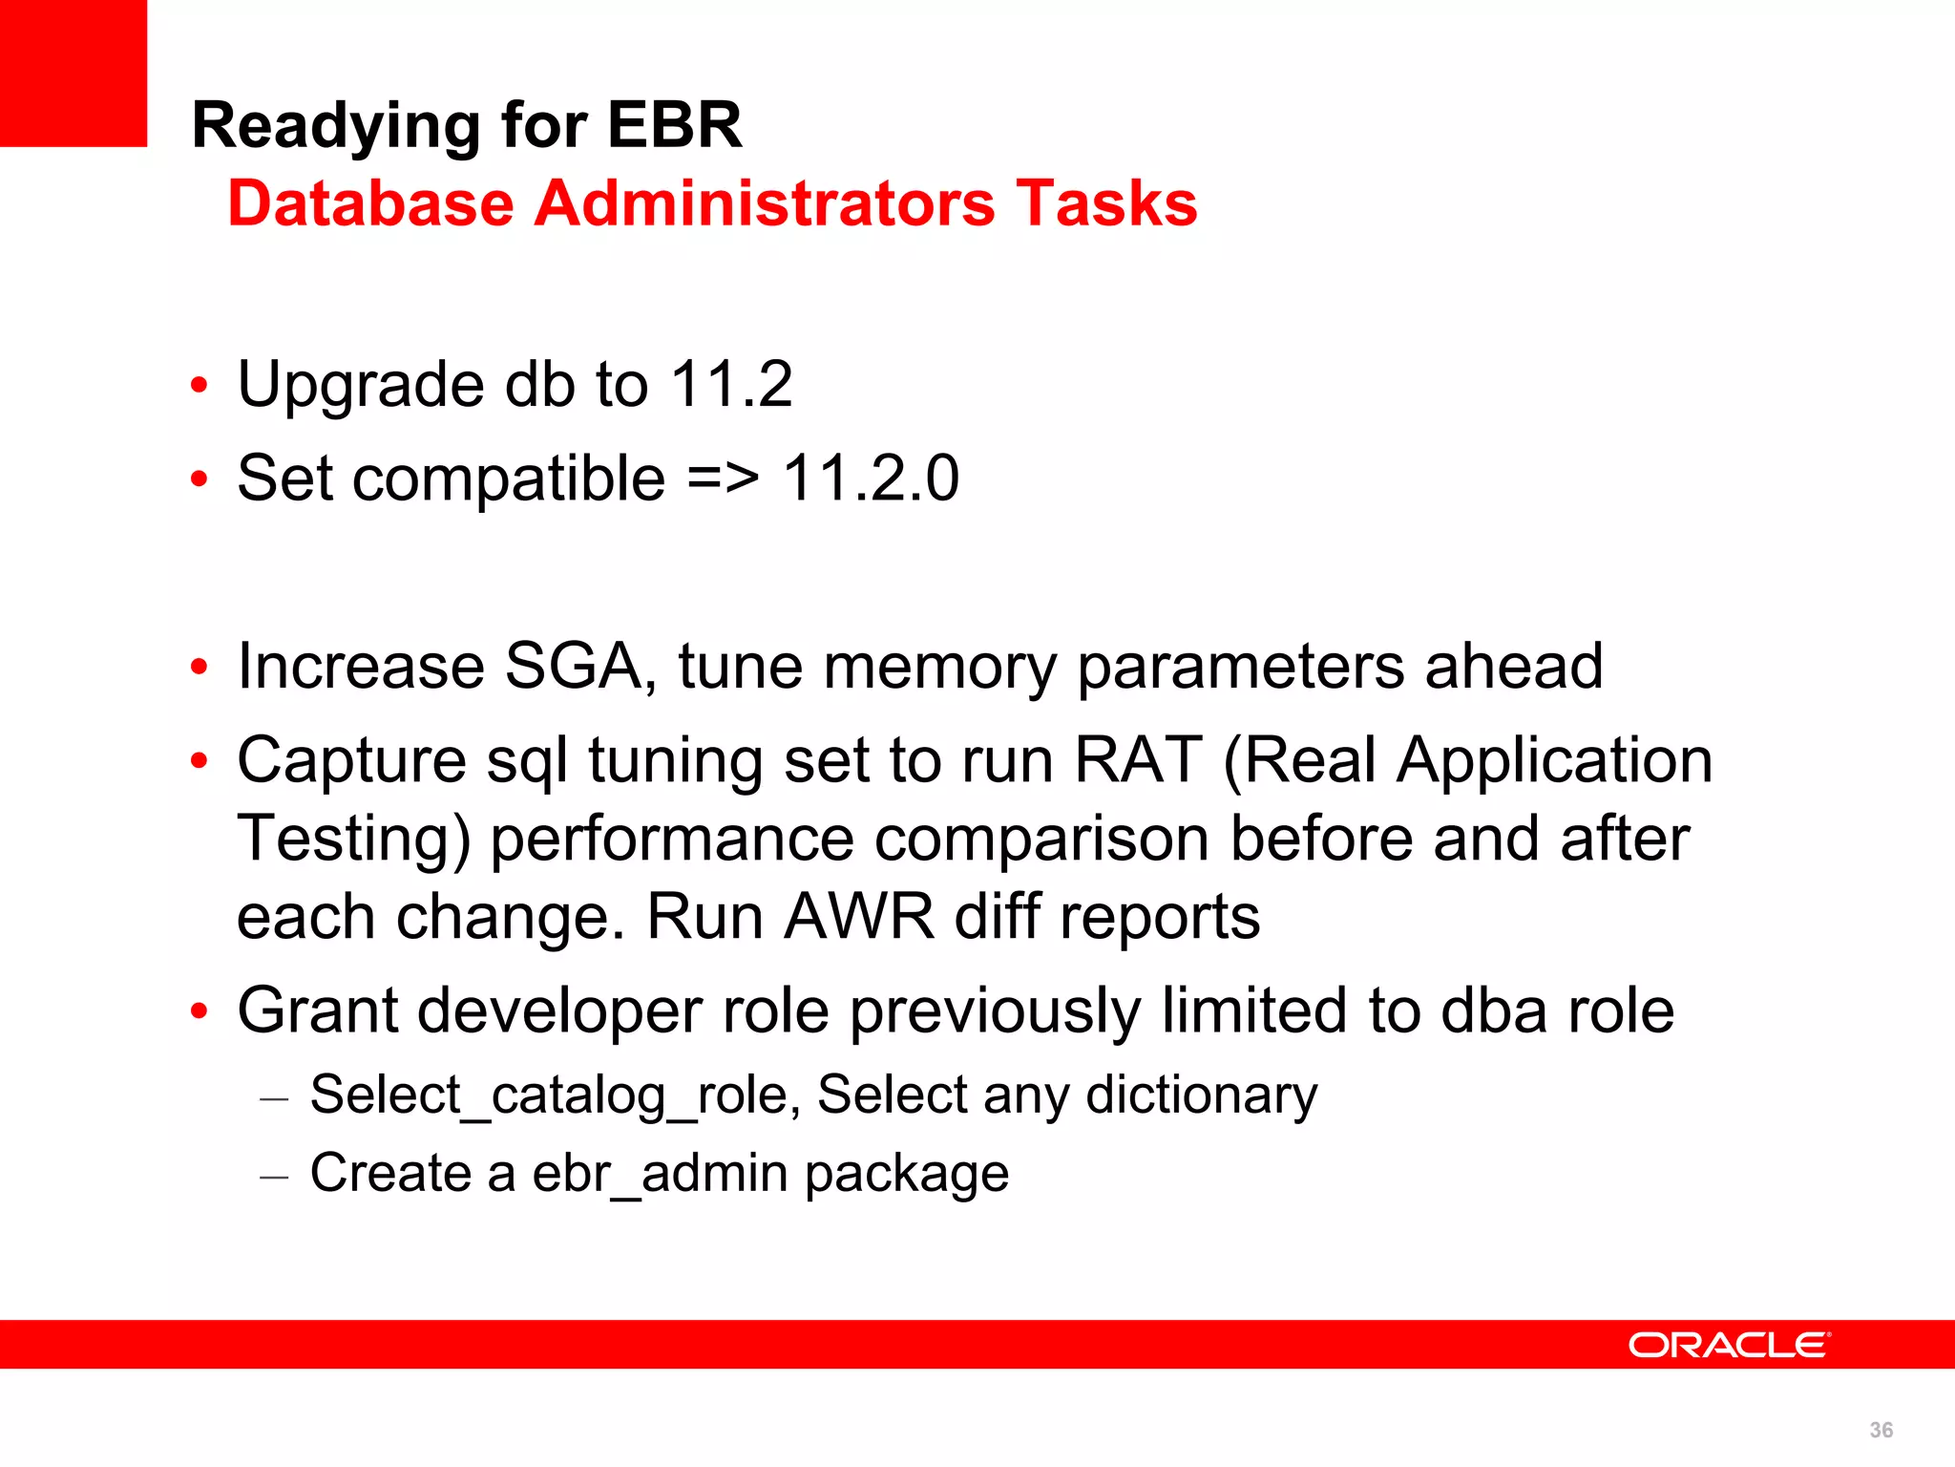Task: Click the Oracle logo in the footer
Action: click(1729, 1345)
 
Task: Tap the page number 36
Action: click(1881, 1430)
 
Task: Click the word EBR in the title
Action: click(674, 125)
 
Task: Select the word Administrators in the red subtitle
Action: click(764, 203)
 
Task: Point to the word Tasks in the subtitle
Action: click(1106, 203)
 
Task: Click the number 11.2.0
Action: click(871, 478)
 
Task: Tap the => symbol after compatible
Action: click(723, 478)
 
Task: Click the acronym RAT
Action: click(1138, 760)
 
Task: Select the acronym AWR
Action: click(858, 917)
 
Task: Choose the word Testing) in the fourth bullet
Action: click(353, 840)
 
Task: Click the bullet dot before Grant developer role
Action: click(199, 1010)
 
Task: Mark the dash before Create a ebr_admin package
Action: click(274, 1177)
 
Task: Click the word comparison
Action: click(1041, 840)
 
